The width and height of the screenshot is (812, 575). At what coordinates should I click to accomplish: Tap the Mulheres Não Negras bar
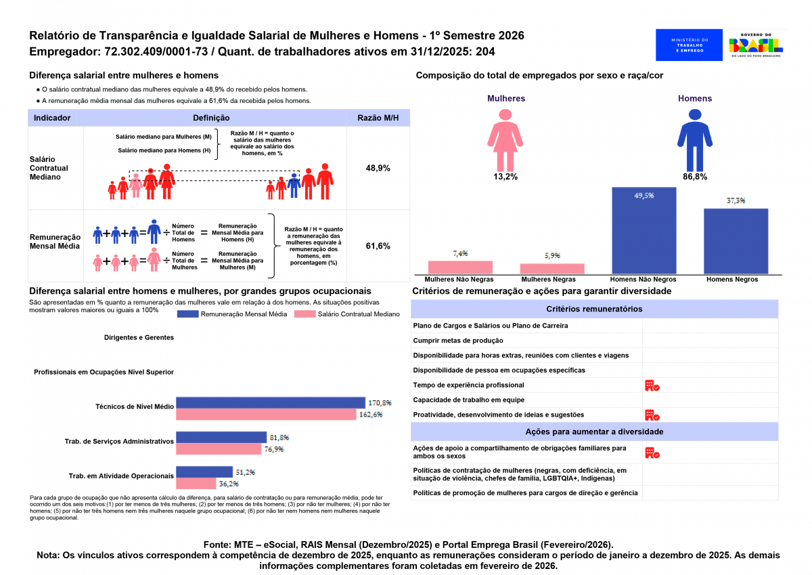(x=460, y=267)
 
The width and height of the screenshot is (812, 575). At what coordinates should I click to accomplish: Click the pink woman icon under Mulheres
(x=505, y=140)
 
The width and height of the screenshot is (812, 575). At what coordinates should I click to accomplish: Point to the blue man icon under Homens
(x=695, y=140)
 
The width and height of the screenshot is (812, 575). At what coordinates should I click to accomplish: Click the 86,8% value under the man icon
(x=695, y=177)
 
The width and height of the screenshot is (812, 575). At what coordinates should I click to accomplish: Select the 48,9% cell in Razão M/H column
(x=378, y=168)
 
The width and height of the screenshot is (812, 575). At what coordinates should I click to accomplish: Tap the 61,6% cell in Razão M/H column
(x=378, y=246)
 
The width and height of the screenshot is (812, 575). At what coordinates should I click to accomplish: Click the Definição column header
(x=210, y=118)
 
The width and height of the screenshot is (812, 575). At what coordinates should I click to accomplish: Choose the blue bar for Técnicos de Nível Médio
(x=270, y=403)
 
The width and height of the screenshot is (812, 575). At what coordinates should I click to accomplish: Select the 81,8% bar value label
(x=279, y=438)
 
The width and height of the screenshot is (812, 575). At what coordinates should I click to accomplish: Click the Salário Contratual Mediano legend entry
(x=347, y=314)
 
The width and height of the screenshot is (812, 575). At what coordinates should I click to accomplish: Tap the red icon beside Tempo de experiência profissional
(x=652, y=385)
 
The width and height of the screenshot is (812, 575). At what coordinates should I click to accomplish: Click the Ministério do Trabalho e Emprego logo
(x=689, y=45)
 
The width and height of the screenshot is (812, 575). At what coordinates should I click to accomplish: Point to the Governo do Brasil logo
(x=756, y=45)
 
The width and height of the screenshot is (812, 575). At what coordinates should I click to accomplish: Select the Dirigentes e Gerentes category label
(x=139, y=337)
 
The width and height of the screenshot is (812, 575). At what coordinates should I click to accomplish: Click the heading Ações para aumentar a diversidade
(x=594, y=431)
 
